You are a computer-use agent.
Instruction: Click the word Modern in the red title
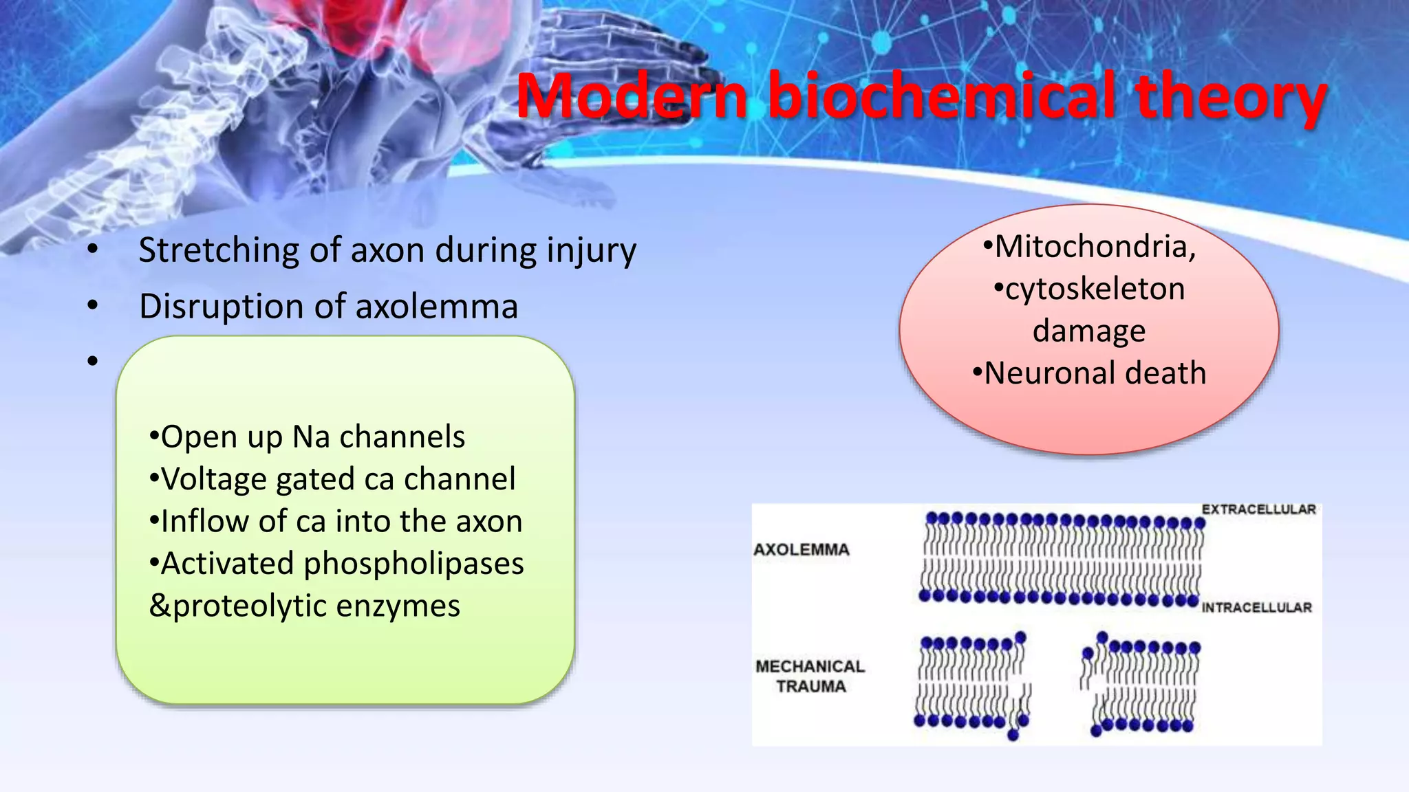632,96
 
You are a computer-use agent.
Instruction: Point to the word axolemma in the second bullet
436,307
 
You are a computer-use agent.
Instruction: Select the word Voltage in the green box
213,479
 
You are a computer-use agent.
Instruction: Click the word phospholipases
413,564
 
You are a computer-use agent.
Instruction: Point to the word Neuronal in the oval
1049,373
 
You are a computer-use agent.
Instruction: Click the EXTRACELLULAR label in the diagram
1258,509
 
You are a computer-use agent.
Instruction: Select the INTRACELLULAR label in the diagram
1256,608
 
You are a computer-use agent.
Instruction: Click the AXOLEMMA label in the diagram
802,550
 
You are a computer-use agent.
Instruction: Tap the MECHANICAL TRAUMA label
810,676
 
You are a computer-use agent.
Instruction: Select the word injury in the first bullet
591,250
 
